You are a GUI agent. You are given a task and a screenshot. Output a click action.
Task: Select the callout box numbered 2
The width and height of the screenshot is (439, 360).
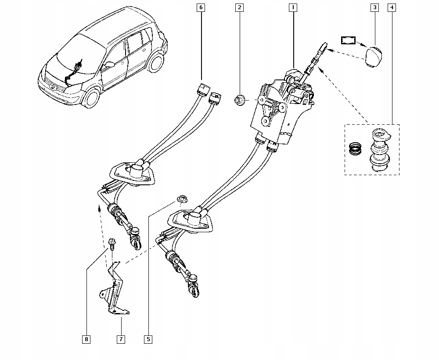point(239,7)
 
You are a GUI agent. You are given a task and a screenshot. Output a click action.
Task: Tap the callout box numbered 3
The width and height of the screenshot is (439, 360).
point(374,7)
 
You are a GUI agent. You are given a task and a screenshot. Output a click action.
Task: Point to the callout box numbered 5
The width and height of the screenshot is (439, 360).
point(148,339)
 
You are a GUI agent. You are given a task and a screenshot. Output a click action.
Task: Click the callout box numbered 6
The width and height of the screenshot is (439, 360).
point(201,7)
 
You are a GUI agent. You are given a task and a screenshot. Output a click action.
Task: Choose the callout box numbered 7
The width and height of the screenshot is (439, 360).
point(120,339)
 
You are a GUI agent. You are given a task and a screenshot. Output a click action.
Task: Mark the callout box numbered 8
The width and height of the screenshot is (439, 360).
point(86,339)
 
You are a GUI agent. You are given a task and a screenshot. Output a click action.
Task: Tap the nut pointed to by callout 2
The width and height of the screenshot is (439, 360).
point(240,101)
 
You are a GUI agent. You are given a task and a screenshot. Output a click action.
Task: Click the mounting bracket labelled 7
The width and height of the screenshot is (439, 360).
point(115,294)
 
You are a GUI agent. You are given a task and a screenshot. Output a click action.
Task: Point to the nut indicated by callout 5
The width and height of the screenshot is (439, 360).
point(180,200)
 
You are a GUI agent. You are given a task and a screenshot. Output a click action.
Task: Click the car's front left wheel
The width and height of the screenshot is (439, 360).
point(93,98)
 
